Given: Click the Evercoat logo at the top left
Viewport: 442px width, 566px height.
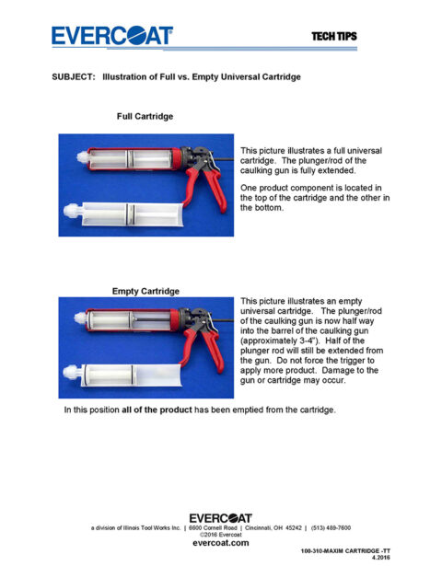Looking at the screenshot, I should tap(111, 36).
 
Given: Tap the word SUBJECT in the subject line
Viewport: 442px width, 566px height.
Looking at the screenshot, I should tap(75, 77).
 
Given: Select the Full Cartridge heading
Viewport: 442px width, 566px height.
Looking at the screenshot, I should tap(145, 117).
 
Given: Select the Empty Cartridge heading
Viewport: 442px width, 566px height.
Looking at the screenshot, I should tap(145, 291).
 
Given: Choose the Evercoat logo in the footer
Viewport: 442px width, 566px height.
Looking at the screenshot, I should tap(220, 518).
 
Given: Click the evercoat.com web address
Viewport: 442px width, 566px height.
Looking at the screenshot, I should tap(220, 543).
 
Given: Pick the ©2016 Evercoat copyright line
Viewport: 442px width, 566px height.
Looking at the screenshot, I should tap(220, 535).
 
